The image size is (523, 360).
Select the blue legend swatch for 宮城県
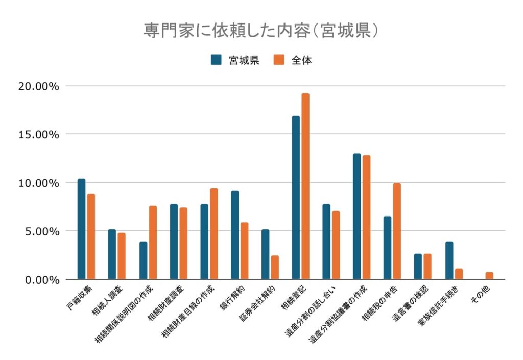tap(216, 60)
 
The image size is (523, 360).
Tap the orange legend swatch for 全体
tap(279, 60)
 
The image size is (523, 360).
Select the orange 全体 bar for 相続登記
tap(305, 186)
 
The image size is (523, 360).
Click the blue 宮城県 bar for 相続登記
tap(296, 198)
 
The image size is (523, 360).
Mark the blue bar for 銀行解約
tap(234, 235)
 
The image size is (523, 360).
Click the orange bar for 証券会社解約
tap(275, 267)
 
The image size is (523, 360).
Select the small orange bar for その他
tap(489, 276)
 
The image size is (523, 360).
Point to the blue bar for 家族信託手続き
tap(449, 260)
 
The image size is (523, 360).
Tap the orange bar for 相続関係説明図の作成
tap(153, 243)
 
